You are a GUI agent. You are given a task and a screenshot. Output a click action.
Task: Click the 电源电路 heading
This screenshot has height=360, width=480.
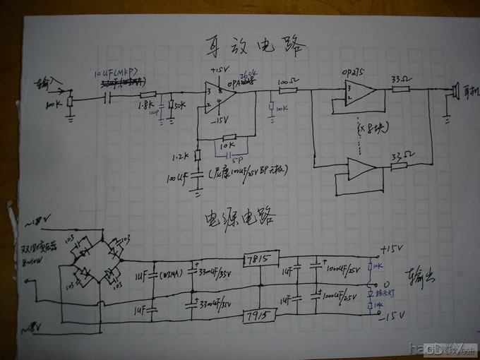(241, 217)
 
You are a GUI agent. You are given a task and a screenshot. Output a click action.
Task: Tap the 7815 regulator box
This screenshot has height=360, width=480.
(260, 258)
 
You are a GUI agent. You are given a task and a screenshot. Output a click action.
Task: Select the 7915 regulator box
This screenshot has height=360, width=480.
(260, 313)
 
